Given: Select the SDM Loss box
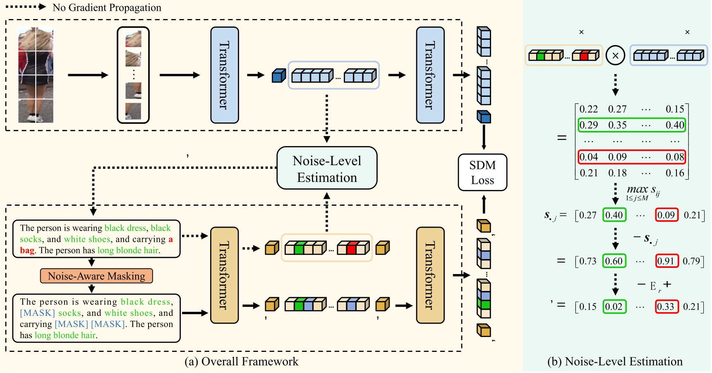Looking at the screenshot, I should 482,172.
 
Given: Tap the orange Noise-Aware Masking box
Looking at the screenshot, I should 96,276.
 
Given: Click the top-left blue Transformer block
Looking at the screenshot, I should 225,75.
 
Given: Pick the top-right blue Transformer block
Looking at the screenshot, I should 430,75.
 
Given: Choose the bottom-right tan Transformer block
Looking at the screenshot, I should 430,275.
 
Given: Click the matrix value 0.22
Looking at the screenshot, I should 588,109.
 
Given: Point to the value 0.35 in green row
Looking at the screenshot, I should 617,125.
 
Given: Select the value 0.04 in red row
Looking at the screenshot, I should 588,157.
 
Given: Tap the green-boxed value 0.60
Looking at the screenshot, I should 614,261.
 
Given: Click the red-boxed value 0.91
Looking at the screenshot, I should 667,261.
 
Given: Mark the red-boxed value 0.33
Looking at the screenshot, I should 667,307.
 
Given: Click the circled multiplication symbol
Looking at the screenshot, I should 615,55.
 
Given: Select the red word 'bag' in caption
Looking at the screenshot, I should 27,250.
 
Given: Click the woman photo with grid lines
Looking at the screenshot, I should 36,75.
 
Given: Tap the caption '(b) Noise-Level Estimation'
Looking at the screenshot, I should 615,361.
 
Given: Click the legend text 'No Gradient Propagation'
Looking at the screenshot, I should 107,7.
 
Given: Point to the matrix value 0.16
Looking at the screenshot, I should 675,173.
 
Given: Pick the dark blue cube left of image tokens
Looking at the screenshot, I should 279,76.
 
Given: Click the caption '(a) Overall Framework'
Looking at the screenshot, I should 241,361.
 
